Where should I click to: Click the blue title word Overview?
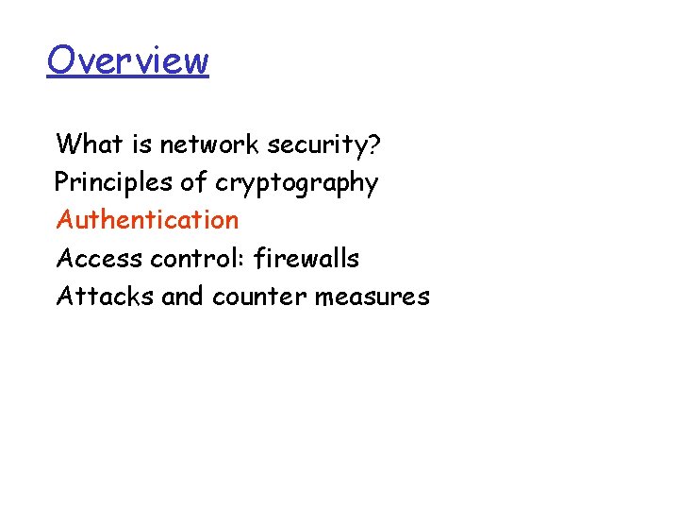[x=127, y=60]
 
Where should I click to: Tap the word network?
[x=210, y=144]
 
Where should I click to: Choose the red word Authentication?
[x=147, y=220]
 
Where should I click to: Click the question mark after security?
[x=374, y=144]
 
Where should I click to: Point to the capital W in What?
[x=69, y=144]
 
